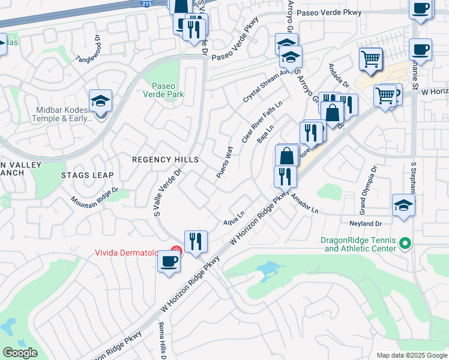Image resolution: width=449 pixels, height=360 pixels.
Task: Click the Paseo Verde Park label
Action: coord(163,90)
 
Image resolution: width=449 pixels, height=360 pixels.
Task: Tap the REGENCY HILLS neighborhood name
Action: coord(165,160)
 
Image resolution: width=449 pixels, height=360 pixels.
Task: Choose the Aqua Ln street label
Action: coord(235,218)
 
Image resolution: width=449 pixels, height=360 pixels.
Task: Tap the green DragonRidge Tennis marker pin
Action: coord(405,244)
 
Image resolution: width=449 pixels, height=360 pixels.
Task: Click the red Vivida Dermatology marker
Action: coord(176,251)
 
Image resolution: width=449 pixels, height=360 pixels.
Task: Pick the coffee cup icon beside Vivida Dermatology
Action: coord(169,262)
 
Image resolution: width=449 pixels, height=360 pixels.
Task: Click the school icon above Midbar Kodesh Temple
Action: coord(100,101)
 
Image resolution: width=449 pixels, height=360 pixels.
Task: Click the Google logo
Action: coord(20,352)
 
